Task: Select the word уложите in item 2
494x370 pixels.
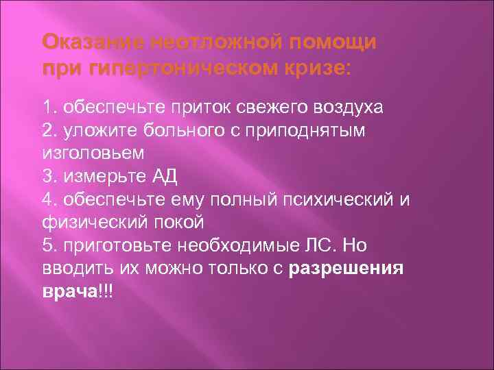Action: [x=91, y=130]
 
